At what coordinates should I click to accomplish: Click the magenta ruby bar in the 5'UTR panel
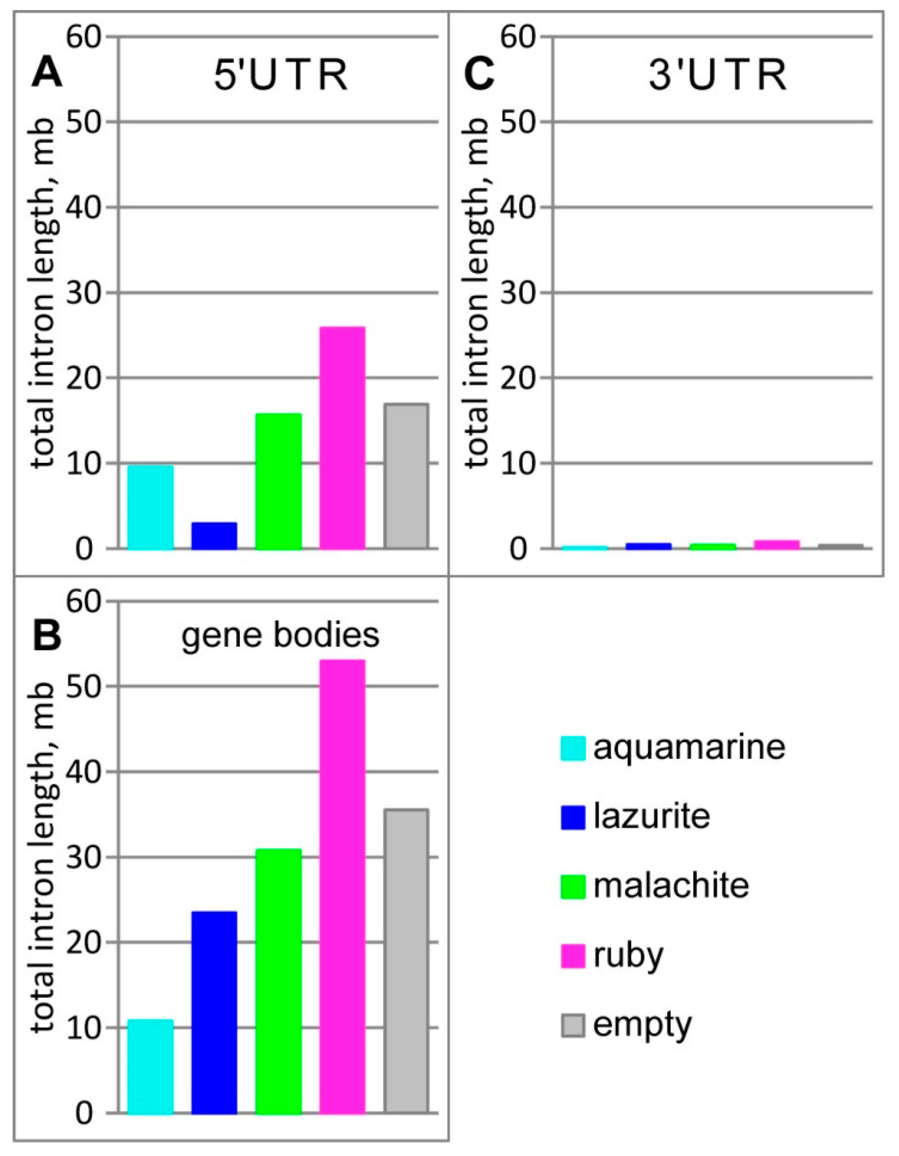342,438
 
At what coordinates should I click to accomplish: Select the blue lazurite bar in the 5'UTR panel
214,536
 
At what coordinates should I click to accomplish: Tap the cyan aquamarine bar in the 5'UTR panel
150,507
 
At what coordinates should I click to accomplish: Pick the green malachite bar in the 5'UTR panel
279,481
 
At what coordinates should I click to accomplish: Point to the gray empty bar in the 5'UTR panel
406,476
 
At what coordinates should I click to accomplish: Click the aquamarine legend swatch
573,748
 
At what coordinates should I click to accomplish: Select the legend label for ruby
628,956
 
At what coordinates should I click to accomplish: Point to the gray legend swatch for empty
573,1025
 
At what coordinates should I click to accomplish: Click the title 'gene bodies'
280,635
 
